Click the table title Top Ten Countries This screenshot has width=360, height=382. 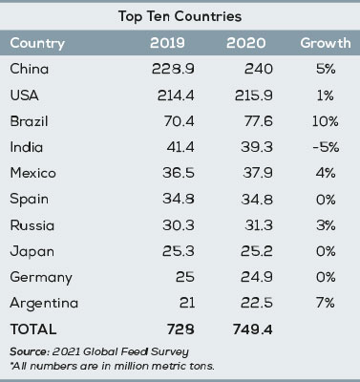[180, 17]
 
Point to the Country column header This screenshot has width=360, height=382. [37, 44]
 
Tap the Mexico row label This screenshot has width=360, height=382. [32, 174]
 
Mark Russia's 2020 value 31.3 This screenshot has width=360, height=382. [245, 225]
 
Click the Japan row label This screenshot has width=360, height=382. [30, 252]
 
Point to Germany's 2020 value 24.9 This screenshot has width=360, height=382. [245, 278]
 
